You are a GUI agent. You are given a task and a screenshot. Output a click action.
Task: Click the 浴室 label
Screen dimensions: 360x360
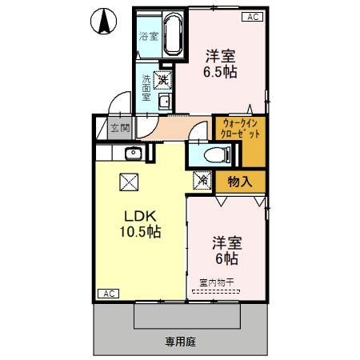click(x=148, y=37)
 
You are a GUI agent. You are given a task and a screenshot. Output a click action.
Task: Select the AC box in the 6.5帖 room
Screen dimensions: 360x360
click(x=252, y=16)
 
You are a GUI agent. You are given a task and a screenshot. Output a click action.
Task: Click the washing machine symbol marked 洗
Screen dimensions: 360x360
click(x=163, y=79)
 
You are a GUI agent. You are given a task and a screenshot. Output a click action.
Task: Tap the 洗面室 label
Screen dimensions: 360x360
click(x=147, y=86)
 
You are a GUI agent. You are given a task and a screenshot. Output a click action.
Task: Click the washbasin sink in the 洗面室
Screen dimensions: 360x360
click(x=164, y=101)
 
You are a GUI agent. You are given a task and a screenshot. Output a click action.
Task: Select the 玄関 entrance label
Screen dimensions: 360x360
click(x=119, y=127)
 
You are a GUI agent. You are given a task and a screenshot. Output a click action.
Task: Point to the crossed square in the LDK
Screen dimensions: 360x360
click(x=129, y=182)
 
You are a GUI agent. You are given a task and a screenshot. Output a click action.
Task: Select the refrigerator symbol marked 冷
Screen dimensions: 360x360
click(x=202, y=181)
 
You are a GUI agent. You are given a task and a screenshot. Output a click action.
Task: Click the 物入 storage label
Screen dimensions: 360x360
click(x=239, y=181)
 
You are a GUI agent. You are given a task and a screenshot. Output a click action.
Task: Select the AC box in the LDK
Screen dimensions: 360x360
click(x=108, y=294)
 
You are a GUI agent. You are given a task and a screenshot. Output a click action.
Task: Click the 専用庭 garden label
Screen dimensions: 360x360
click(x=180, y=341)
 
